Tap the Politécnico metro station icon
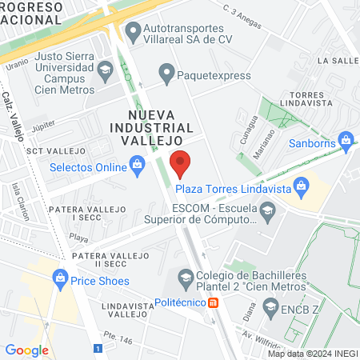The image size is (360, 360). (213, 302)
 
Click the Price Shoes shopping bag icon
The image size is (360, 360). (59, 281)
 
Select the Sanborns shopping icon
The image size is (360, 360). (346, 142)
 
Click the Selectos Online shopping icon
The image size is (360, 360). (137, 167)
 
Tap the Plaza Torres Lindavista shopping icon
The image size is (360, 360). (302, 189)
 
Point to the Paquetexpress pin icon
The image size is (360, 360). (166, 74)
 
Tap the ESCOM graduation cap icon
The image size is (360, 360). (267, 212)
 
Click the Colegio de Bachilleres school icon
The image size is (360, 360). (186, 278)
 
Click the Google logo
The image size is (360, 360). (26, 350)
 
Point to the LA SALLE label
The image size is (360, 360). (337, 60)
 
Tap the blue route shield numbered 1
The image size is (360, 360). (98, 349)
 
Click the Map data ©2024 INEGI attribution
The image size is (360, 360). (312, 353)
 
